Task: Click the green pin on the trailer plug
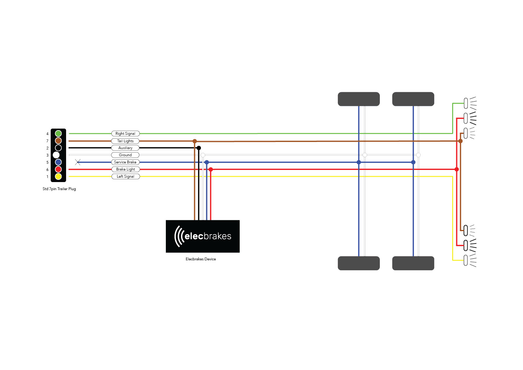click(58, 134)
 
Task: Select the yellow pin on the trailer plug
click(58, 176)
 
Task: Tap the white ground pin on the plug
click(56, 155)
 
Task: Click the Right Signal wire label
click(125, 134)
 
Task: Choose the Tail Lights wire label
click(125, 141)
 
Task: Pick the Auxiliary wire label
click(125, 148)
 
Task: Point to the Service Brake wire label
click(125, 162)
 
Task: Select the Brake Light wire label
click(125, 169)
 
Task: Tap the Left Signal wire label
click(125, 176)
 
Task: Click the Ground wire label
click(125, 155)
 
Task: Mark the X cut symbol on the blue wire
click(78, 162)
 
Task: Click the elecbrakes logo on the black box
click(203, 236)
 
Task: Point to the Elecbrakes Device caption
click(201, 259)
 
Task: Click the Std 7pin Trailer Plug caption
click(59, 189)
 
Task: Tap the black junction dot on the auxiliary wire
click(199, 148)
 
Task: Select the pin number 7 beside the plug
click(48, 141)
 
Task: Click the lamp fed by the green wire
click(466, 103)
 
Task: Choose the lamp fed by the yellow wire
click(466, 260)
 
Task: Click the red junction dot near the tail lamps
click(457, 170)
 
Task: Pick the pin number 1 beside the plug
click(48, 177)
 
